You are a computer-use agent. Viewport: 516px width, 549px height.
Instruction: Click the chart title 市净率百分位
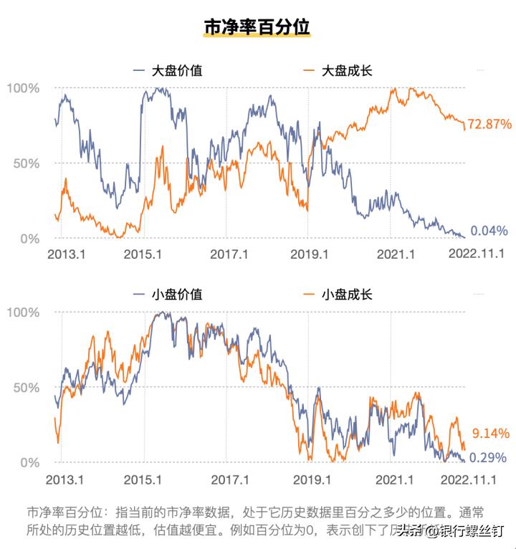click(x=257, y=27)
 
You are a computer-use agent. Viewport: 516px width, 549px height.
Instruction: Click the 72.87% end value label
click(x=489, y=124)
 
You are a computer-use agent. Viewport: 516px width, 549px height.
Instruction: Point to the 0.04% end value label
click(x=489, y=231)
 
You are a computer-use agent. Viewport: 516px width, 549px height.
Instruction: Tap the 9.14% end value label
click(x=489, y=433)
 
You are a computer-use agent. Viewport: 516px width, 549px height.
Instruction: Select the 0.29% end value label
click(x=489, y=457)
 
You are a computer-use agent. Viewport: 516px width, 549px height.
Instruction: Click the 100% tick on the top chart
click(x=23, y=88)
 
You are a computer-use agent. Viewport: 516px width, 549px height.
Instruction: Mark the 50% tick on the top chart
click(x=27, y=163)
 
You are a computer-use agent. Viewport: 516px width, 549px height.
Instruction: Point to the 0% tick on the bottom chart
click(x=29, y=463)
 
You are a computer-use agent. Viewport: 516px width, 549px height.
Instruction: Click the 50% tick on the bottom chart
click(x=27, y=388)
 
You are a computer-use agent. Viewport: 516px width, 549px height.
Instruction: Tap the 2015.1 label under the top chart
click(x=143, y=254)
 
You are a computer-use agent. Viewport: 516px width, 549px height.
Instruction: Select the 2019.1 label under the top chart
click(x=310, y=254)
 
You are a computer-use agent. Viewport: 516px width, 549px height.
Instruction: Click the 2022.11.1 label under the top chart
click(x=477, y=254)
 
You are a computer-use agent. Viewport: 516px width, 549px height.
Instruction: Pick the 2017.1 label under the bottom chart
click(x=229, y=479)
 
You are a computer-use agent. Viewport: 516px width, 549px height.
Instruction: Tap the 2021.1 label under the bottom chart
click(x=396, y=479)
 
